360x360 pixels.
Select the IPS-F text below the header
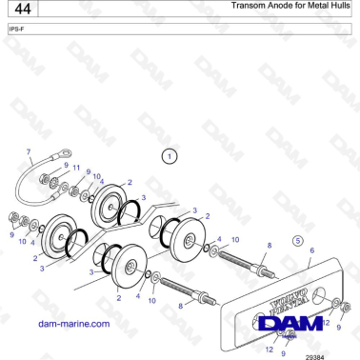click(16, 30)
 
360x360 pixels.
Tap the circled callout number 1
click(169, 155)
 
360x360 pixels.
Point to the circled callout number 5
click(297, 240)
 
